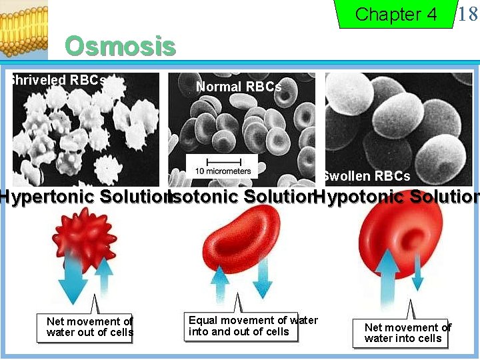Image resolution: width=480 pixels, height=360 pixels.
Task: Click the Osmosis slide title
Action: pos(120,47)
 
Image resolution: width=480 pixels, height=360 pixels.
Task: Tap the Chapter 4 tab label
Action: pos(396,14)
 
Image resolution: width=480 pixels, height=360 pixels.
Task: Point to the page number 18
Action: pos(468,14)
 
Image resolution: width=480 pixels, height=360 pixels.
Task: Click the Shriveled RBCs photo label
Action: pos(57,80)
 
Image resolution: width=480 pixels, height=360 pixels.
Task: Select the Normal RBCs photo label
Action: pos(239,87)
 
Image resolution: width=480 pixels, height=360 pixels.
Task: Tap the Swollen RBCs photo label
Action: pos(366,176)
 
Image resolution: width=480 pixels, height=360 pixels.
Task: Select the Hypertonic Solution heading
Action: pos(83,197)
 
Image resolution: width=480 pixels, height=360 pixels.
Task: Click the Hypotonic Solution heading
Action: pos(397,197)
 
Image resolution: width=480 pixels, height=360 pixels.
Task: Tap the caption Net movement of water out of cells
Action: pos(89,327)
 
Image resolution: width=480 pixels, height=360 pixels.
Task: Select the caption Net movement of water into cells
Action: pos(407,333)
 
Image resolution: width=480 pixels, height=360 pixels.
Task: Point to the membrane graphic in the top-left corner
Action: pos(23,27)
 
